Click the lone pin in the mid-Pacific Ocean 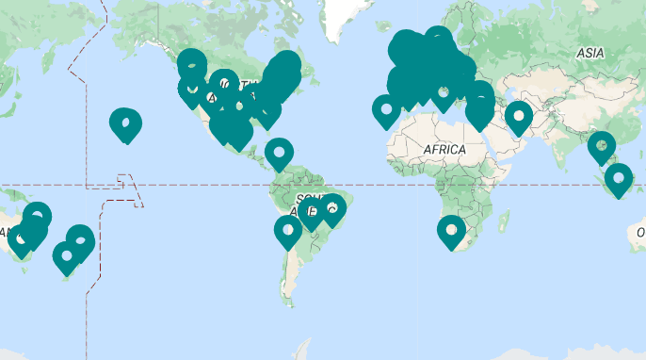tap(125, 123)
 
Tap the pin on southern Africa tap(452, 230)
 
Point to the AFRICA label tap(444, 150)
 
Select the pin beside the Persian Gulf tap(519, 117)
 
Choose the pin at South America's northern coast tap(279, 153)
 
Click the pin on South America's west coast tap(287, 230)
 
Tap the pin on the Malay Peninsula tap(601, 146)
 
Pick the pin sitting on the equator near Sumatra tap(619, 178)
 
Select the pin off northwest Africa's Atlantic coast tap(386, 109)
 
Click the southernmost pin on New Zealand tap(65, 256)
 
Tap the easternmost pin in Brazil tap(331, 208)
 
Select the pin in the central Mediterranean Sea tap(444, 94)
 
